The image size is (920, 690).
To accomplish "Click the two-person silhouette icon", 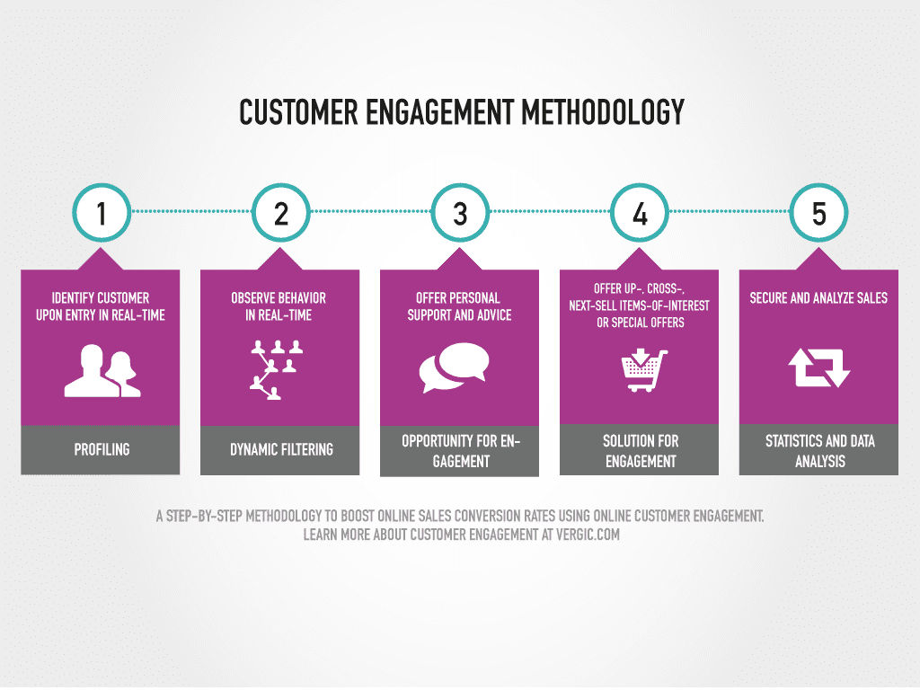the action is (x=102, y=371).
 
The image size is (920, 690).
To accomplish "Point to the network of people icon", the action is (x=277, y=369).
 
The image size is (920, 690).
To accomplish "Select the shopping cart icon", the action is (x=644, y=370).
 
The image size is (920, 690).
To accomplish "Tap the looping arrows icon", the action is (x=819, y=367).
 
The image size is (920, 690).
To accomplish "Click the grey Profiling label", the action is (x=101, y=449).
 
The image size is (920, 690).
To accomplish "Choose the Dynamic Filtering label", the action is (x=280, y=449).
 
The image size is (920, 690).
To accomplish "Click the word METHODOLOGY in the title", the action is (x=603, y=112).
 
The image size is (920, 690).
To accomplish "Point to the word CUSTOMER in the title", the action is (x=298, y=112).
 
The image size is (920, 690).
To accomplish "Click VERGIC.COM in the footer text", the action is (x=588, y=535).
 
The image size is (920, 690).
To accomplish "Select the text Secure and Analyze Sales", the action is (x=818, y=298).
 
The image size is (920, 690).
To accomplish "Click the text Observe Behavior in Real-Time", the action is (x=279, y=306).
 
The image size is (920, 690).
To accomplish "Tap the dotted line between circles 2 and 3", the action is (x=371, y=211).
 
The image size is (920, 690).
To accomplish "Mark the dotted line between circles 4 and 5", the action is (x=730, y=211).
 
